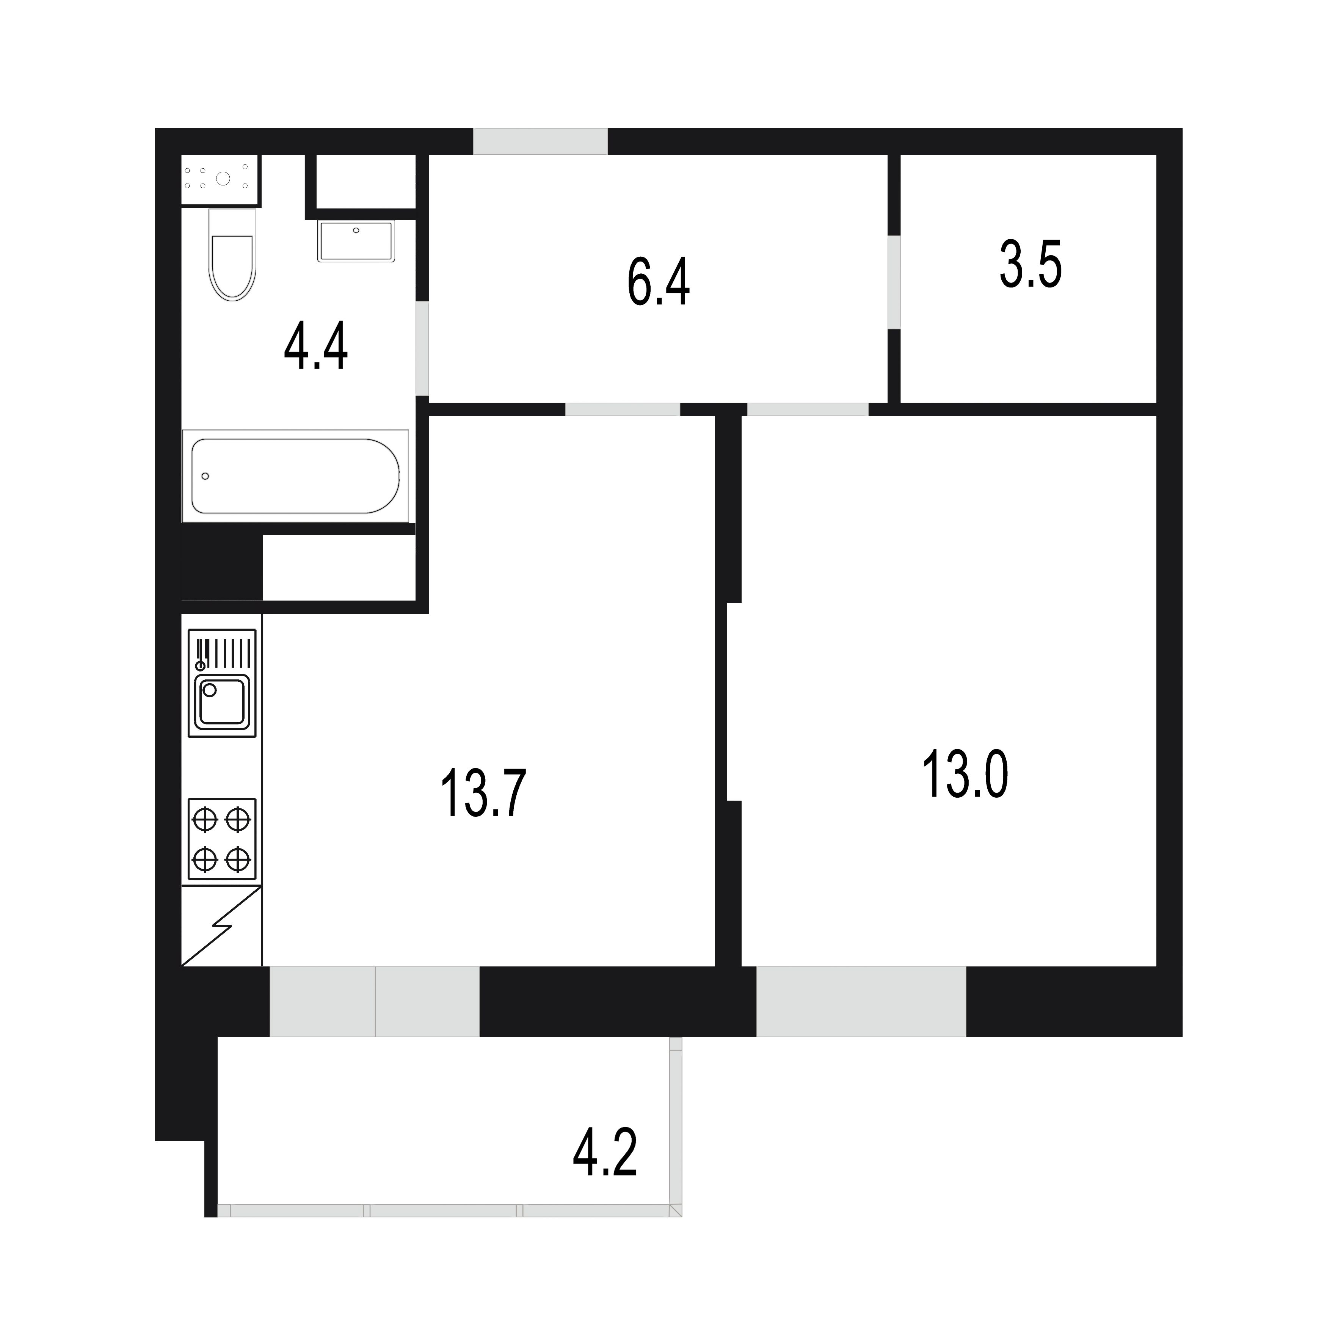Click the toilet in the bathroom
click(x=233, y=254)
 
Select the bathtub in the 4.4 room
click(x=295, y=476)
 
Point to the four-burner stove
click(x=222, y=839)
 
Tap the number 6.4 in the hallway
click(x=658, y=282)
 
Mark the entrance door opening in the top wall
click(x=541, y=141)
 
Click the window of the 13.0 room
click(x=861, y=1001)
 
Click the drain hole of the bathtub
click(x=205, y=476)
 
